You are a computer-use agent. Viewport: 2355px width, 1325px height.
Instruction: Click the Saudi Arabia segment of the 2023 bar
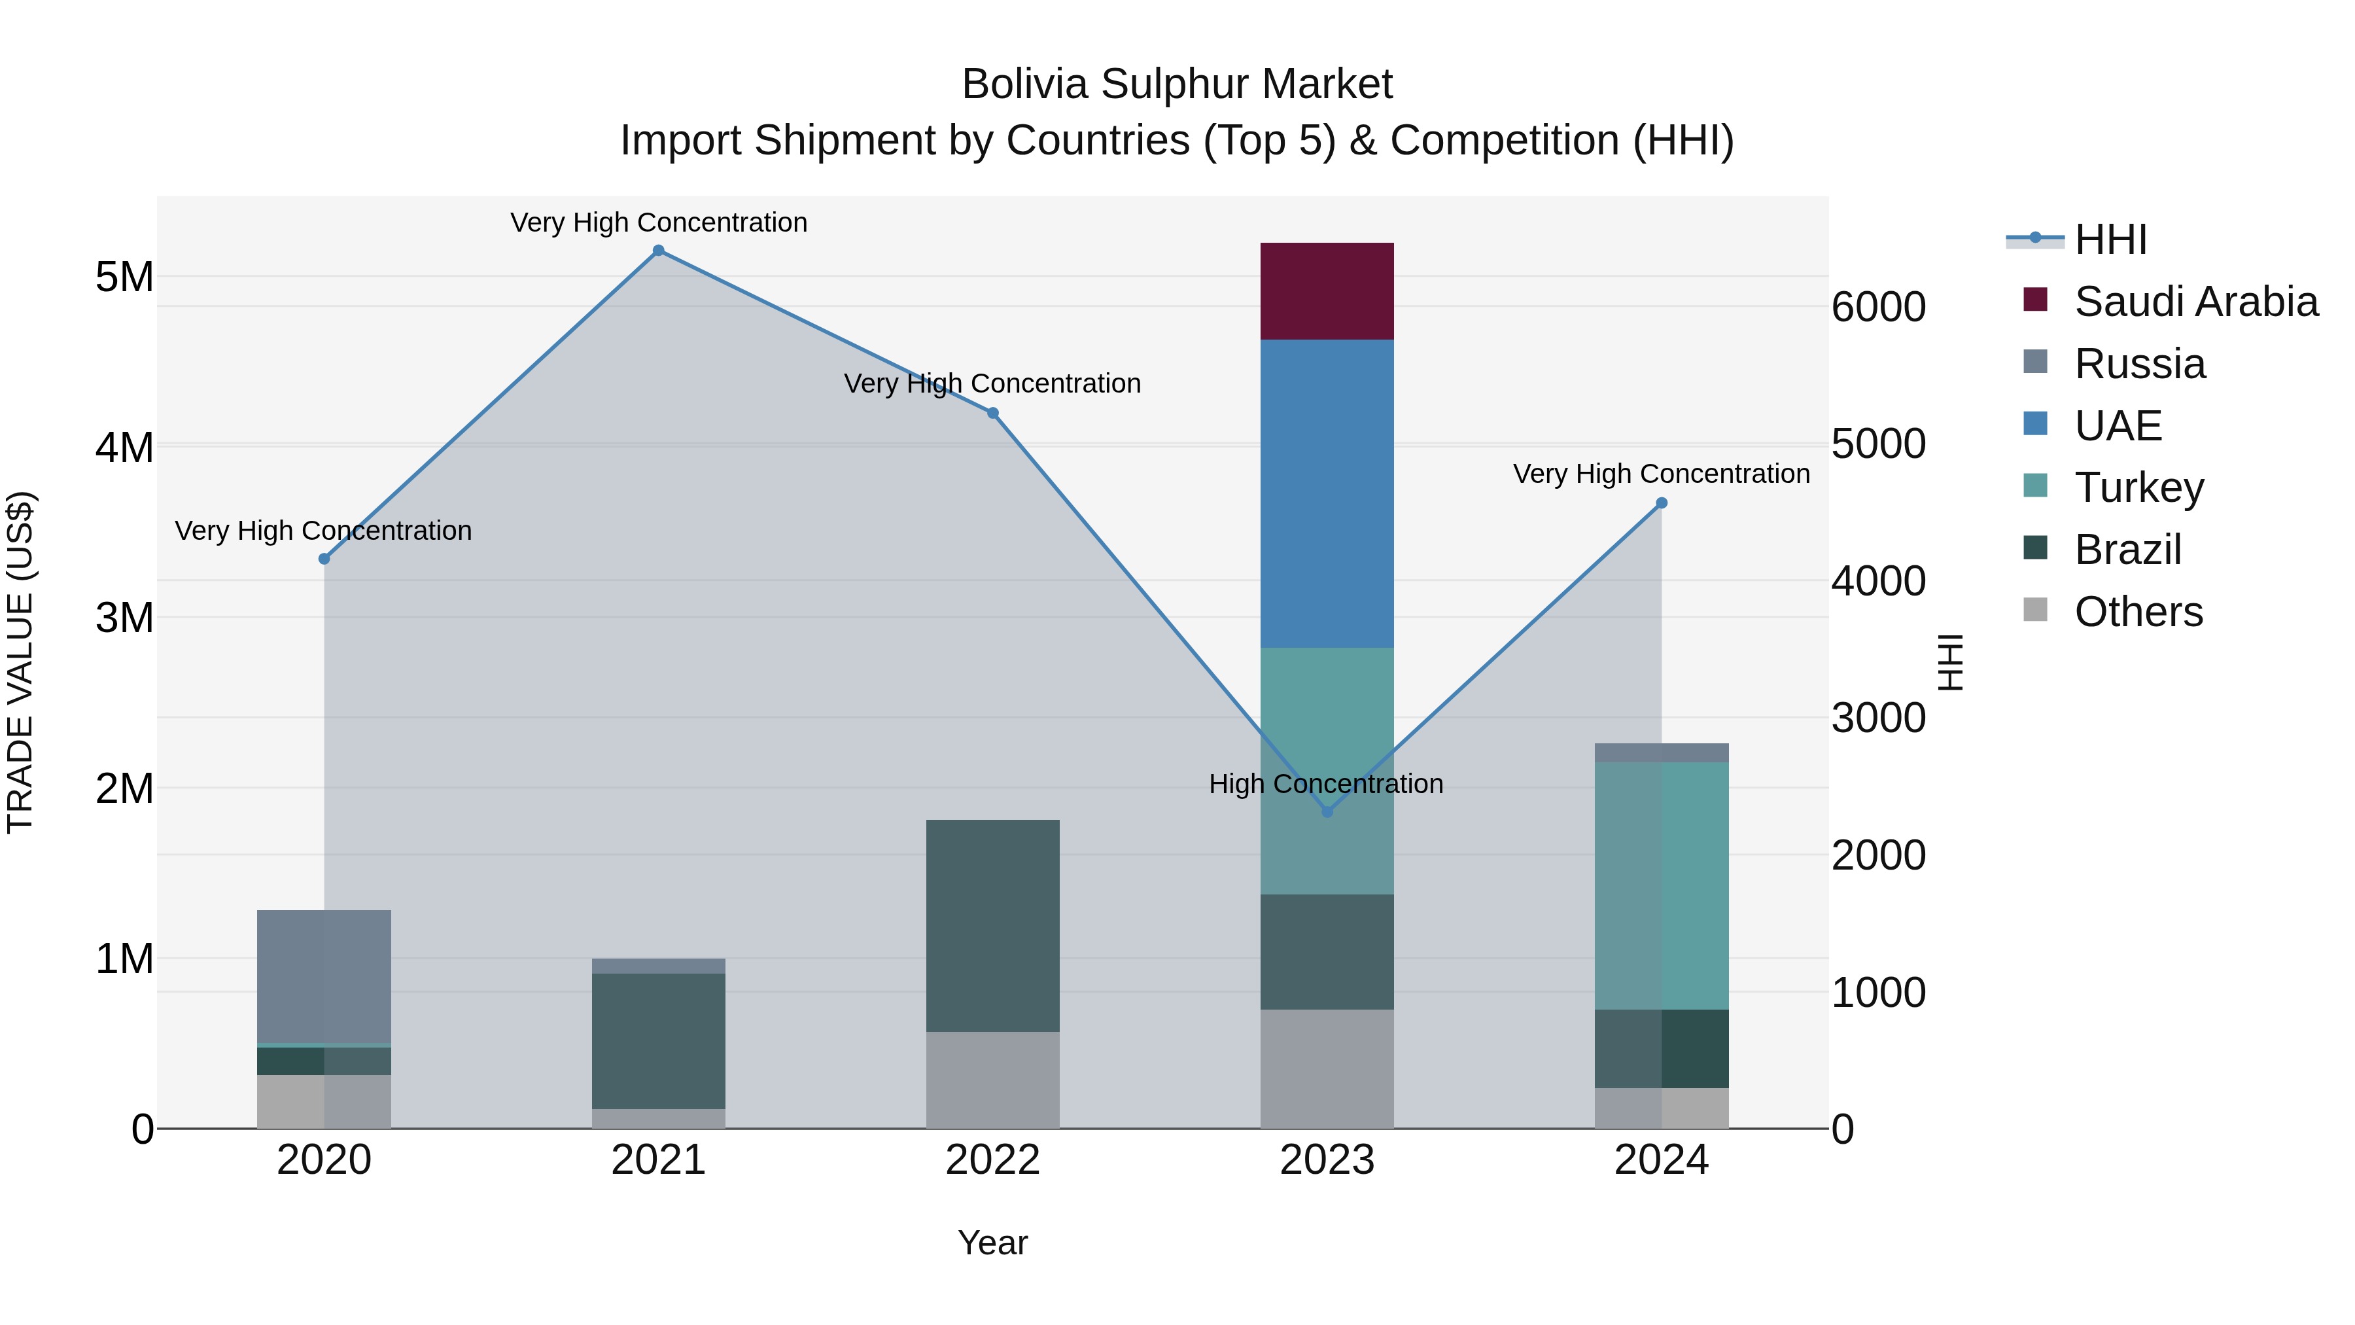point(1327,291)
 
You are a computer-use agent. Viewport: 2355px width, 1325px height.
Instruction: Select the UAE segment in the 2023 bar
point(1327,494)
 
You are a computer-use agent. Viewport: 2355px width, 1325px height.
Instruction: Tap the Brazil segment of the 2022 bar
point(993,925)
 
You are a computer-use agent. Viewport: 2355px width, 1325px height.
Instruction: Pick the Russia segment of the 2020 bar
point(324,976)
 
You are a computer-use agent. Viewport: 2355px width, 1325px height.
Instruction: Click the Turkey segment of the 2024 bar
point(1661,885)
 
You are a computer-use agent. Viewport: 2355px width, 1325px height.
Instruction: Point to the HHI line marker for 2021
point(658,251)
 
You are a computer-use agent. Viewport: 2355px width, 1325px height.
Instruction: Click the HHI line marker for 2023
point(1327,811)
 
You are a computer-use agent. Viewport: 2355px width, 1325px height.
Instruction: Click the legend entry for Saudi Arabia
point(2195,302)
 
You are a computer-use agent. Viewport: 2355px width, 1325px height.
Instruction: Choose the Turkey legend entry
point(2138,487)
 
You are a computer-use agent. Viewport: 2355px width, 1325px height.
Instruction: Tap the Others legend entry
point(2137,612)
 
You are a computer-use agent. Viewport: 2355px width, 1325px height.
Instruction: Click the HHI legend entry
point(2110,239)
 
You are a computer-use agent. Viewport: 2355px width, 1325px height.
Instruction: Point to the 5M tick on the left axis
point(124,277)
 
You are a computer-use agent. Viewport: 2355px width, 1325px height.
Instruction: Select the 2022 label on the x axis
point(993,1160)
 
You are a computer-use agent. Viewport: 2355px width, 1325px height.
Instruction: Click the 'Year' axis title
point(993,1243)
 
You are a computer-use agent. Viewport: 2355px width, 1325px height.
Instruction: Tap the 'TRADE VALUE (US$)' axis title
point(20,662)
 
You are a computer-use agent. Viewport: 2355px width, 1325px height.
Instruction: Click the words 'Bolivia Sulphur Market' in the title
point(1177,84)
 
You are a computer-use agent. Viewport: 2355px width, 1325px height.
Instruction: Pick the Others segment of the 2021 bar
point(658,1118)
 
